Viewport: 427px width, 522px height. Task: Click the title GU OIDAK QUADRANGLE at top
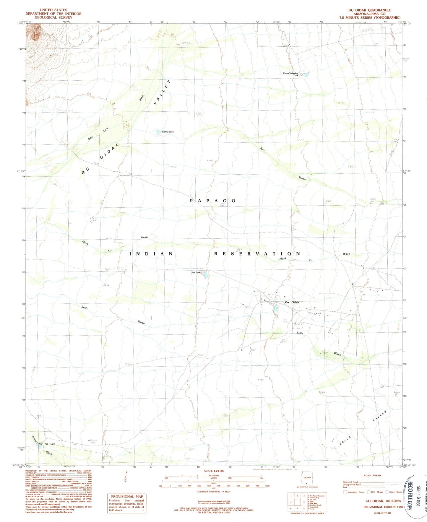click(370, 10)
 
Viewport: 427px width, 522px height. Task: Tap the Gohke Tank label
click(168, 132)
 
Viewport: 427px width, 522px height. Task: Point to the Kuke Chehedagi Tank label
click(291, 74)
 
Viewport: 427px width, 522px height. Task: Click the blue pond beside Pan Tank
click(206, 275)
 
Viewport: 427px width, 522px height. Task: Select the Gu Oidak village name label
click(292, 302)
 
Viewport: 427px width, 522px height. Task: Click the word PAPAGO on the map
click(213, 201)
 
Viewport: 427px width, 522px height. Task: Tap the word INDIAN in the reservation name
click(152, 254)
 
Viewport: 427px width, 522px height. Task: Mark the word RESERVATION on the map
click(257, 254)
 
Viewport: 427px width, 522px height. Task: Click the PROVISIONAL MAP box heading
click(127, 497)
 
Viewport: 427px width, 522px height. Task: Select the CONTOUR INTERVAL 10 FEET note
click(214, 492)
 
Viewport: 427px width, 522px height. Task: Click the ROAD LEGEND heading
click(372, 475)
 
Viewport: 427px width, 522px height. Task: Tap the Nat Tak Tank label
click(47, 444)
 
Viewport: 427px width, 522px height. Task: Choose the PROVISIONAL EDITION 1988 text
click(383, 507)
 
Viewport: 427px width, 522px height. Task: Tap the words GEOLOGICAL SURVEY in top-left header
click(53, 17)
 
